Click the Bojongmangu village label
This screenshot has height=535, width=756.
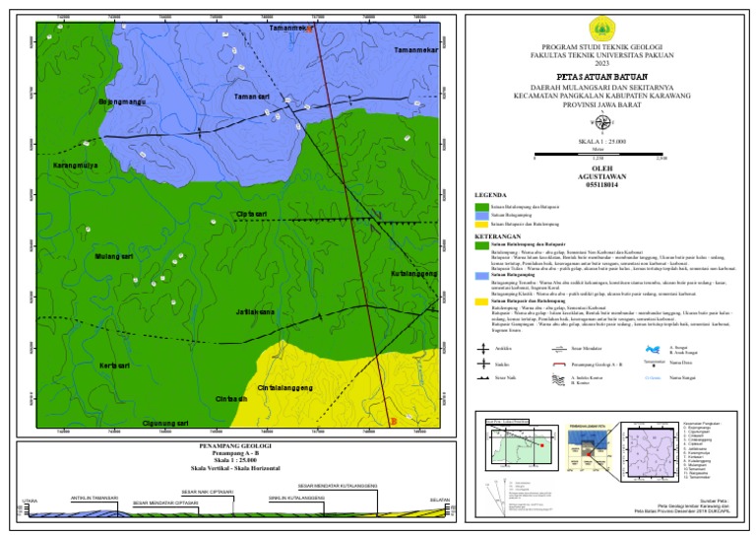point(122,102)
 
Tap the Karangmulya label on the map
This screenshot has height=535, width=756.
point(78,166)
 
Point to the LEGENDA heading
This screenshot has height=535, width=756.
point(491,194)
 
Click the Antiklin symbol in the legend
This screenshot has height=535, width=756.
point(483,348)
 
